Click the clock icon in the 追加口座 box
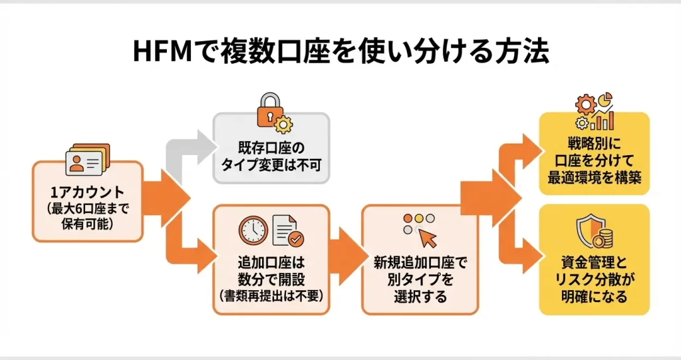coord(253,230)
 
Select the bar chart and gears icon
coord(594,113)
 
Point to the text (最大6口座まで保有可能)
coord(87,216)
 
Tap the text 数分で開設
coord(270,277)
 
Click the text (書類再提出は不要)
coord(270,294)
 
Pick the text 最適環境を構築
coord(593,178)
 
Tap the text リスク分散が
coord(593,279)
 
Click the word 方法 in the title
coord(512,52)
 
